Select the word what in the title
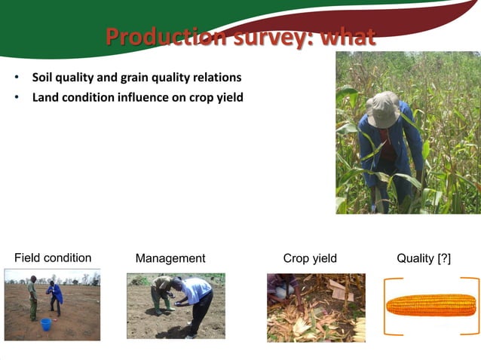[x=348, y=37]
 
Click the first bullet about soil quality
[x=136, y=78]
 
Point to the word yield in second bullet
[x=228, y=97]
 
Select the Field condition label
[x=53, y=258]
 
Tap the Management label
[x=170, y=258]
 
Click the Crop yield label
[x=310, y=258]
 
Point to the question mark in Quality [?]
[x=444, y=258]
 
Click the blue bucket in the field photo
[x=46, y=324]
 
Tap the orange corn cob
[x=431, y=305]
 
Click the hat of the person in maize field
[x=383, y=110]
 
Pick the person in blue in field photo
[x=54, y=296]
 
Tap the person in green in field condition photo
[x=32, y=297]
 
